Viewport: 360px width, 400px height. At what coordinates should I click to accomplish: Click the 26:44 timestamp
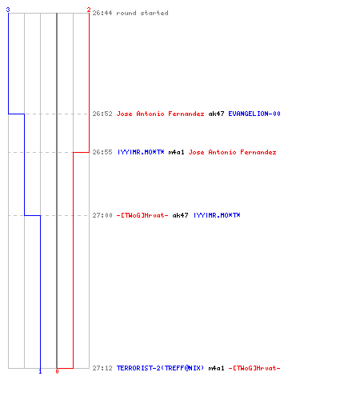102,13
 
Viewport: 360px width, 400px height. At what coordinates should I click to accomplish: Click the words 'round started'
142,13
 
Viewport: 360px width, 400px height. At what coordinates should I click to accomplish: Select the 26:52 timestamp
102,114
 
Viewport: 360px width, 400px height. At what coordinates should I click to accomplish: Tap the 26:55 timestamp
102,152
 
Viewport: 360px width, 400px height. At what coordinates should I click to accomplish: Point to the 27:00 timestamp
102,215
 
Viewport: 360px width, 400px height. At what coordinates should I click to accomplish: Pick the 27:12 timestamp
102,368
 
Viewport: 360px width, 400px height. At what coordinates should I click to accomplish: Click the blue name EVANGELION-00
254,114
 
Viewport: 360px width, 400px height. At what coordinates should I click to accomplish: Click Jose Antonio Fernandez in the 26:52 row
160,114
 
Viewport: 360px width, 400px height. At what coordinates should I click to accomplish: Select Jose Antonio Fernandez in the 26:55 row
232,152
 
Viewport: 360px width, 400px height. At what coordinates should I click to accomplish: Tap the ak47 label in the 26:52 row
216,114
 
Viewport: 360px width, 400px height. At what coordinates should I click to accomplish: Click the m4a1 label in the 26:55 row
176,152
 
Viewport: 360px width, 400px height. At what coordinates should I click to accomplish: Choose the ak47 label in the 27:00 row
180,215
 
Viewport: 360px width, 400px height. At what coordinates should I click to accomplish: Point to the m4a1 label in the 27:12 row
216,368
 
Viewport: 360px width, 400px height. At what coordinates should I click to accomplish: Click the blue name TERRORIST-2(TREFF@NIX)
160,368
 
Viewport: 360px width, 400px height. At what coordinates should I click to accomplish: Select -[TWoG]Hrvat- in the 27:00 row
142,215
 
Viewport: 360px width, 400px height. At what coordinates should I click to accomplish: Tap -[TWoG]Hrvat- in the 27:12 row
254,368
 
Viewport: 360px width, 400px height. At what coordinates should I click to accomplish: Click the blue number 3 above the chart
8,10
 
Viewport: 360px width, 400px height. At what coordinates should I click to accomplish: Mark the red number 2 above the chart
89,10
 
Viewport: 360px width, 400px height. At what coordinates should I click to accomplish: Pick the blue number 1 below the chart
40,371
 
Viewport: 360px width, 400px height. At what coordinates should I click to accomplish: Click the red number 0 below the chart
57,371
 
